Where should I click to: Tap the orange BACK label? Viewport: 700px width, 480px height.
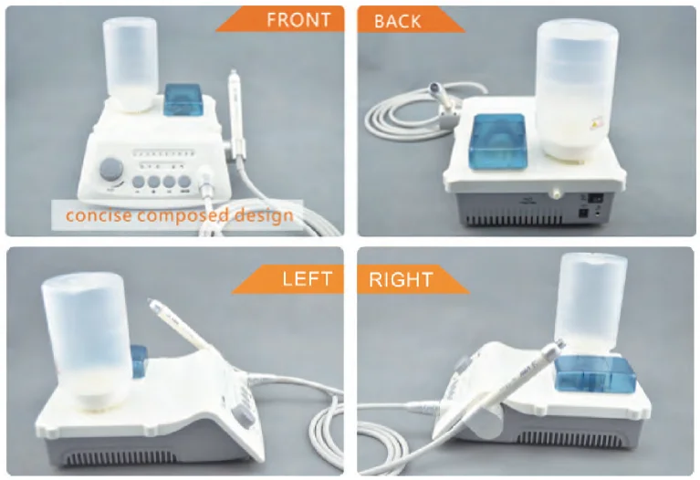pos(398,20)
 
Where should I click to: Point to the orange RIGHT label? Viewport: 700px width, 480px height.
pos(402,278)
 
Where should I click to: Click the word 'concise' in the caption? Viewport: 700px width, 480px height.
pos(95,216)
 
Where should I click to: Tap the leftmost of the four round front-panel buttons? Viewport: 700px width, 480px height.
pos(137,183)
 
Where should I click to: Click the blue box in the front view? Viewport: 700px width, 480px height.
pos(184,99)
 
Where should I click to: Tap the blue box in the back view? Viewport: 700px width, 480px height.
pos(497,141)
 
